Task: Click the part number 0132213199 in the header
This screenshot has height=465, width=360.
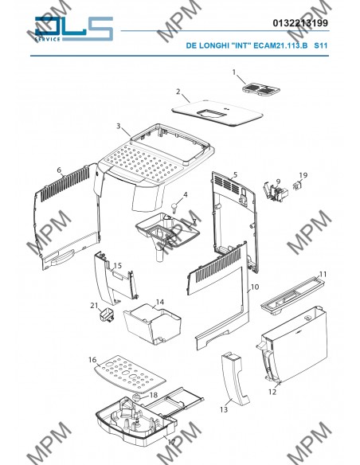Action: (300, 23)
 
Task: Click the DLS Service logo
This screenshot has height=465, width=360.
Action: (74, 29)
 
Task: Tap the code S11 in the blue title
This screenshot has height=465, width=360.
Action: (320, 45)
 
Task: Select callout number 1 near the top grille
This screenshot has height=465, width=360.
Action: (234, 72)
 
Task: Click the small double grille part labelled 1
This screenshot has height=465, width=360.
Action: (260, 89)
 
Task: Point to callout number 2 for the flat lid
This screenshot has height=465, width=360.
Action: (178, 92)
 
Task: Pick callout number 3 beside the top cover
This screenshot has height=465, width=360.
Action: (119, 126)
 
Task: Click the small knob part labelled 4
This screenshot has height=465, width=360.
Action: (175, 206)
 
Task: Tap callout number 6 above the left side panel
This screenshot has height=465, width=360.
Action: (59, 170)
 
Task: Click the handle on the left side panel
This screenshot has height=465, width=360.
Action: (63, 257)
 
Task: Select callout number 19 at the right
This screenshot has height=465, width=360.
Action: (303, 175)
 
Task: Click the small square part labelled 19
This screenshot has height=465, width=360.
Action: (297, 186)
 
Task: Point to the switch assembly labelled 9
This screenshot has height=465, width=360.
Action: (276, 192)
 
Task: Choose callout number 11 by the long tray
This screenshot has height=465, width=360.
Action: (323, 274)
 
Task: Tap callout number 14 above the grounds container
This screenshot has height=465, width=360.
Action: (160, 302)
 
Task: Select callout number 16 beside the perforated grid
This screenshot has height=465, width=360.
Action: (92, 360)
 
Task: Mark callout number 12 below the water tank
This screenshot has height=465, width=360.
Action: (272, 392)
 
